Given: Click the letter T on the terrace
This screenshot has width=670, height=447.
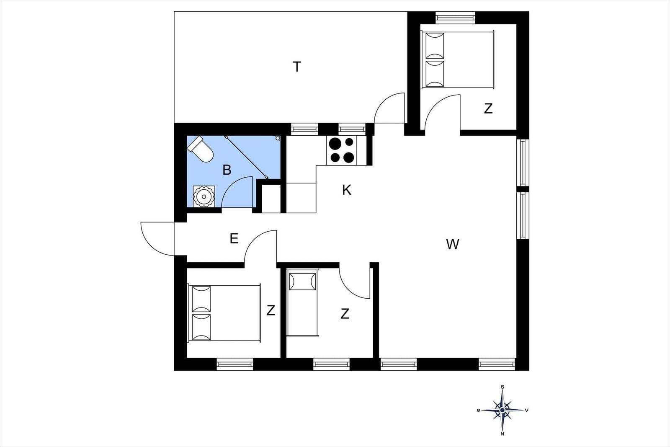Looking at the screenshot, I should [297, 67].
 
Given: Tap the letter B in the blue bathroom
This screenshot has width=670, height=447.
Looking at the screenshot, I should [227, 170].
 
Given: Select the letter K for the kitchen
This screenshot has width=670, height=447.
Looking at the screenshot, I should [346, 190].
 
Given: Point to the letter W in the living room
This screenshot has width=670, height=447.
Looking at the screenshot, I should [453, 244].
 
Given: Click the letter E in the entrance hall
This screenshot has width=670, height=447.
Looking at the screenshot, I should [234, 239].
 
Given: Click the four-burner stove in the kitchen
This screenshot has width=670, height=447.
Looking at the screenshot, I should [341, 150].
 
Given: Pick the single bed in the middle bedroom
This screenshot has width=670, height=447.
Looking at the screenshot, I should [302, 303].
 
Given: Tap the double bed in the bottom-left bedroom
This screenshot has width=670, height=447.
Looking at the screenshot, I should [224, 313].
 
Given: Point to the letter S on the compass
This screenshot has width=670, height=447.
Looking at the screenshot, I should [502, 387].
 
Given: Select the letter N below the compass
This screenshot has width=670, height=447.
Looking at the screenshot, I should [502, 434].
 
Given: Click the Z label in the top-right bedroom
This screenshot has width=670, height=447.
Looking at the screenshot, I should [488, 109].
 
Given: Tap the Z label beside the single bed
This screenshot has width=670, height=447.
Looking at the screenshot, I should [345, 313].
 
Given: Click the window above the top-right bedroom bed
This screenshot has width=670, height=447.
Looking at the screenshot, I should [455, 18].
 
